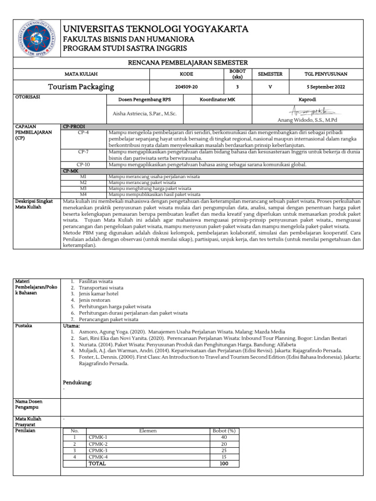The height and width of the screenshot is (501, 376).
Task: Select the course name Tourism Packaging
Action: [81, 87]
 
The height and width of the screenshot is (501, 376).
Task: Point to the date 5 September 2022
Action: [325, 87]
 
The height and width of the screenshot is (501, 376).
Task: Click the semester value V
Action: [270, 87]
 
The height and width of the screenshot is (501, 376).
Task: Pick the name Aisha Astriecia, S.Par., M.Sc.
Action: [144, 114]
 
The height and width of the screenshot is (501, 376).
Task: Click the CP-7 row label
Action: [83, 152]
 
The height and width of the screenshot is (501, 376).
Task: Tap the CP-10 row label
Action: [83, 164]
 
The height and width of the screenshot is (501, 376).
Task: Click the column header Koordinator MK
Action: [217, 99]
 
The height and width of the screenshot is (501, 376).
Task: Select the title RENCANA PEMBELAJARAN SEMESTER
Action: [188, 63]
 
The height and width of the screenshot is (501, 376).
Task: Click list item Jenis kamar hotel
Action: [97, 293]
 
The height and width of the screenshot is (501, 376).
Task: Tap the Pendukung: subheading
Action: [77, 382]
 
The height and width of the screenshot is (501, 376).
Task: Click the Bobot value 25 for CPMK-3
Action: [224, 450]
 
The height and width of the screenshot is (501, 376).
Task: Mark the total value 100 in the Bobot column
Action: [224, 463]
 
